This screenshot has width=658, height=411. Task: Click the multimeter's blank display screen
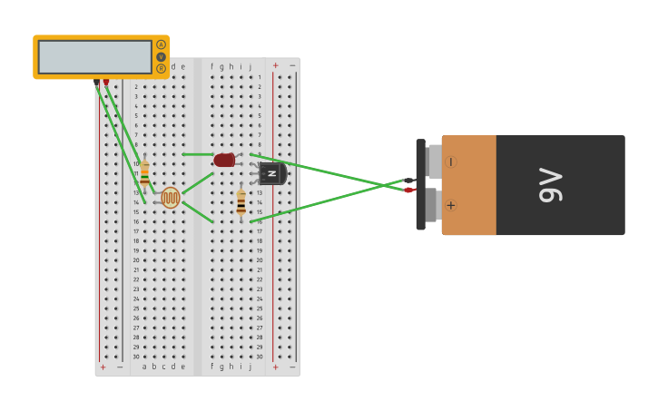94,57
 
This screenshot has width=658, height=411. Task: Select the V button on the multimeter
162,56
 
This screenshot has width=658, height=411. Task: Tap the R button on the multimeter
162,68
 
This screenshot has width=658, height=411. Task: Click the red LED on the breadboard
224,160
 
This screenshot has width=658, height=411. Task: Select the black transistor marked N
272,173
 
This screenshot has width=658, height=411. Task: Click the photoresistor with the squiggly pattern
171,197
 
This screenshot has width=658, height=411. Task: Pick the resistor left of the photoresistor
144,173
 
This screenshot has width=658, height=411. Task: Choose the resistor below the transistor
241,202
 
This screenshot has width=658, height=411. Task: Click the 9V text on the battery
551,185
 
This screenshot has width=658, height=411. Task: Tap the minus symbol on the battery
450,162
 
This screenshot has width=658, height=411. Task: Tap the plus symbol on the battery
450,205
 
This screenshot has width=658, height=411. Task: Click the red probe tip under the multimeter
106,82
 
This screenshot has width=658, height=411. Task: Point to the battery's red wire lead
409,190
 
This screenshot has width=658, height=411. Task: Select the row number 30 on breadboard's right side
259,357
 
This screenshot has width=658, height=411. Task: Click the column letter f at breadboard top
211,66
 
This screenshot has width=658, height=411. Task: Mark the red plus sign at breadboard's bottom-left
103,367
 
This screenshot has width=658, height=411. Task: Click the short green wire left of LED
197,154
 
